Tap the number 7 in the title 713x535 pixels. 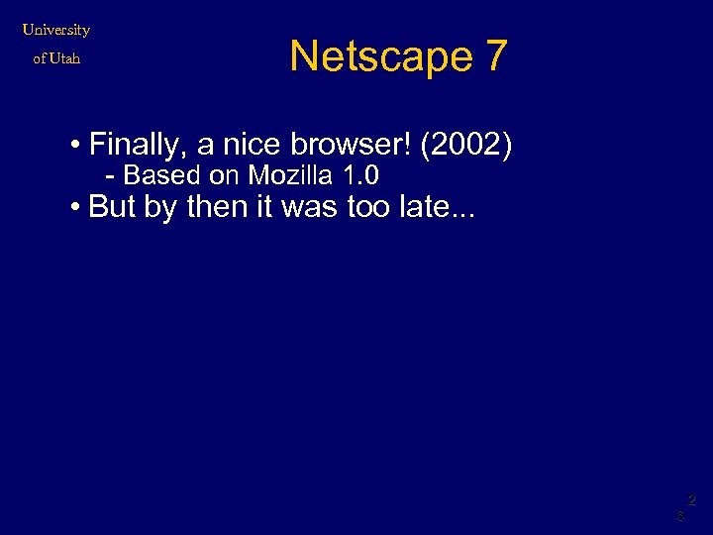click(x=496, y=56)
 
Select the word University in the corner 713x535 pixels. click(x=56, y=30)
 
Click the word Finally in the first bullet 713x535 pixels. click(x=138, y=146)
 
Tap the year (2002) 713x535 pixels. click(x=466, y=146)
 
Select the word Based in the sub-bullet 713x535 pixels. click(x=161, y=176)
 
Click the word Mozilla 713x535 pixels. click(x=289, y=176)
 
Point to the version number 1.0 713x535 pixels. click(x=360, y=176)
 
